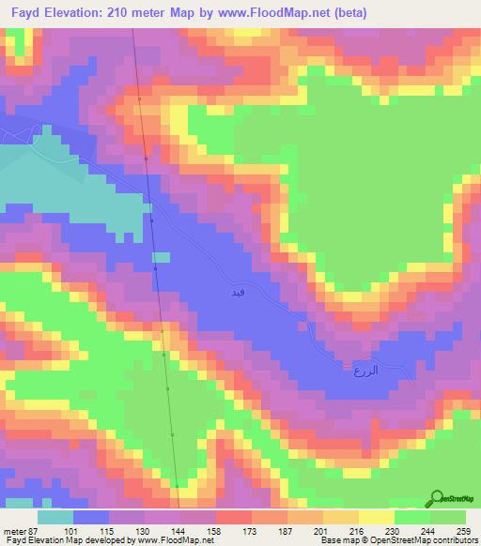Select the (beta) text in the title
point(349,13)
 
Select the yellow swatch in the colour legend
point(376,516)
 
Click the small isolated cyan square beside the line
point(162,256)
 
